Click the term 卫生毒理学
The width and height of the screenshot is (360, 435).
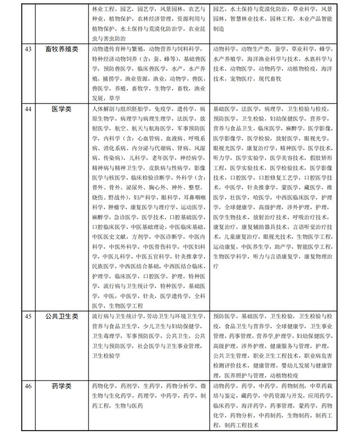pyautogui.click(x=106, y=336)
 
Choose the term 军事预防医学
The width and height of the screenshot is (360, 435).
pyautogui.click(x=143, y=336)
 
